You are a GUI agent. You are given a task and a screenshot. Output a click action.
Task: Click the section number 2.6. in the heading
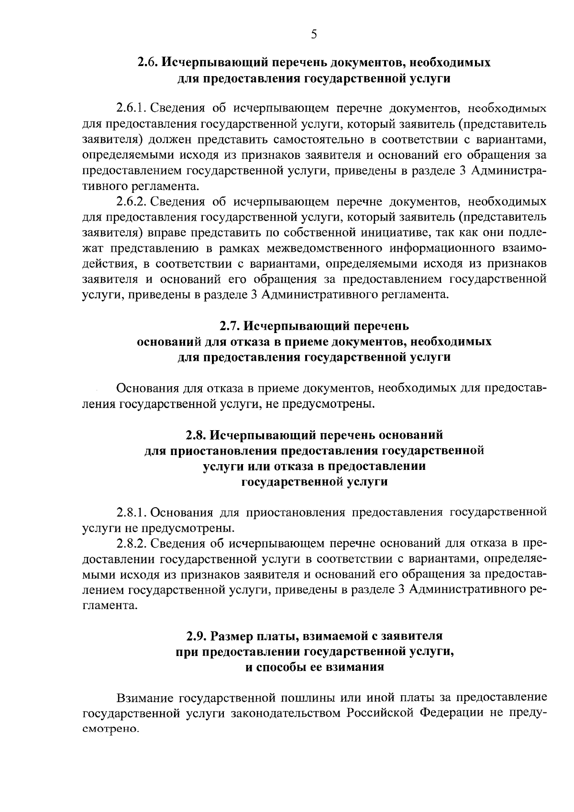[x=148, y=63]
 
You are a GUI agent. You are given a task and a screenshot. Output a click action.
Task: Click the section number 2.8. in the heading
[x=196, y=435]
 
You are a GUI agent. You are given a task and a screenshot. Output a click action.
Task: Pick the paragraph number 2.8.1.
[x=130, y=512]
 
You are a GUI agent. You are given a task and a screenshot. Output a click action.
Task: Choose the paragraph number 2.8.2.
[x=130, y=544]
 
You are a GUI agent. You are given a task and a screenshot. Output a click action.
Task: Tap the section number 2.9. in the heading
[x=197, y=636]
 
